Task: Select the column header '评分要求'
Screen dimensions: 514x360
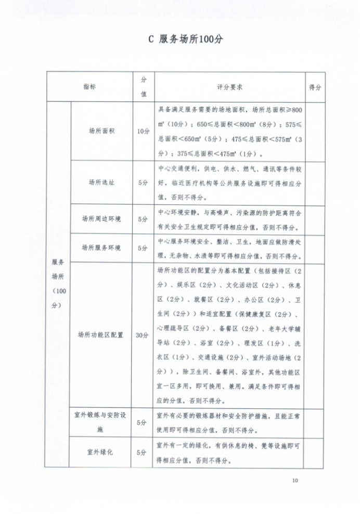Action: coord(230,87)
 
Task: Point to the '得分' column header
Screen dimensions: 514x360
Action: coord(315,87)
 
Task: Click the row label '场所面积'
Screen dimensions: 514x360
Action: coord(101,131)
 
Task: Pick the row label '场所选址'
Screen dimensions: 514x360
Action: coord(101,182)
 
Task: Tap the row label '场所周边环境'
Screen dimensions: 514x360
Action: coord(101,219)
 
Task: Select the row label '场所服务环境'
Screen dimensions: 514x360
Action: coord(101,248)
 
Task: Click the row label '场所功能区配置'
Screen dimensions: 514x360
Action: coord(101,335)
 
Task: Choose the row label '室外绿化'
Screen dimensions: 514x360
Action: coord(101,452)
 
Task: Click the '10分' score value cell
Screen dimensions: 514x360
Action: coord(143,131)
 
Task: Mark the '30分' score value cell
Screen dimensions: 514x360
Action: coord(143,335)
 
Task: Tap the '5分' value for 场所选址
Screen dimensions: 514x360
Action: coord(143,182)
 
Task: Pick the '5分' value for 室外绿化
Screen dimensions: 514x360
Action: coord(143,452)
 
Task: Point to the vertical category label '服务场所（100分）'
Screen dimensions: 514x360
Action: coord(58,284)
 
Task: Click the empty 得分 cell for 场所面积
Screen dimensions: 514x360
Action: coord(315,131)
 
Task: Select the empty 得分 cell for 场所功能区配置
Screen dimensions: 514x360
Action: coord(315,335)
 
